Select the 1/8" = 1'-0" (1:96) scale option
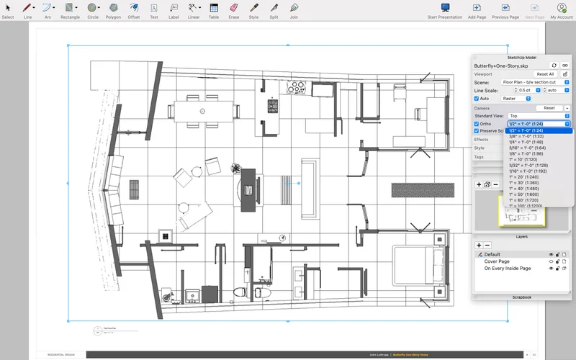[x=527, y=153]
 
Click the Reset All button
[x=545, y=74]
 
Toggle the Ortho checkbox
[x=477, y=124]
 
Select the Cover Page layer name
[x=497, y=261]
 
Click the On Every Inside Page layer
[x=508, y=268]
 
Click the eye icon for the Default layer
[x=552, y=254]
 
